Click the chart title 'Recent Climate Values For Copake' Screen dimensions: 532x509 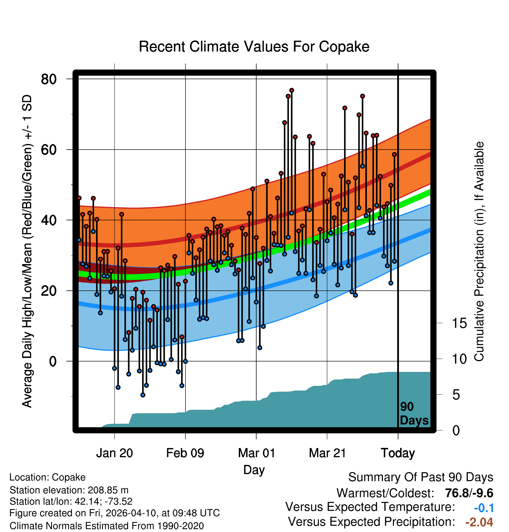pos(254,47)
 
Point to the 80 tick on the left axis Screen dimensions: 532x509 pos(49,79)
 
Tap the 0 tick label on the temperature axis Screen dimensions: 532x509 pos(53,361)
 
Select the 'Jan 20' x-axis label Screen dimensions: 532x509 pos(114,453)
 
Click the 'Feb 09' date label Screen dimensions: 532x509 pos(185,453)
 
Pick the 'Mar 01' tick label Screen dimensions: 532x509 pos(256,453)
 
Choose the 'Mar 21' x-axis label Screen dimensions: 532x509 pos(327,453)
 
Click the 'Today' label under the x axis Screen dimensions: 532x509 pos(398,453)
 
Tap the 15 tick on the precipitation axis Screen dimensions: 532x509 pos(459,323)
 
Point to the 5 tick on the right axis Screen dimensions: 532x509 pos(456,395)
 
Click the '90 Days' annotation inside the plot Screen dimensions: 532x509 pos(414,414)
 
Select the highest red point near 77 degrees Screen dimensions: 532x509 pos(291,90)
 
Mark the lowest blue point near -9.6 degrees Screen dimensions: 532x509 pos(143,395)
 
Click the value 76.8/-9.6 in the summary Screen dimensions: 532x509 pos(469,493)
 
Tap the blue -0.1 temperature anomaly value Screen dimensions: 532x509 pos(484,508)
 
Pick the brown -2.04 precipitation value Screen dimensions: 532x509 pos(479,522)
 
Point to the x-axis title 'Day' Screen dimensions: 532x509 pos(254,470)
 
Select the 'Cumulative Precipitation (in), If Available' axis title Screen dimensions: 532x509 pos(479,251)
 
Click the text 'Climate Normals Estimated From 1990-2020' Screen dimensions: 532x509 pos(107,526)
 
